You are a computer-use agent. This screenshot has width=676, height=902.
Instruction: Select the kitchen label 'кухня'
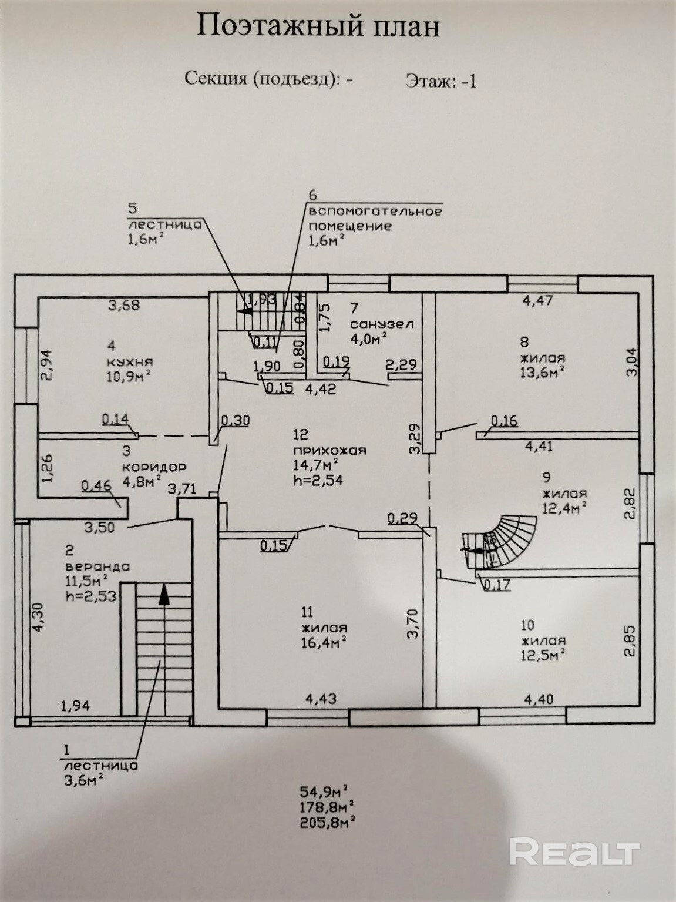130,361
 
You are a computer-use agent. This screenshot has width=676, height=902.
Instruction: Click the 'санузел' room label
382,324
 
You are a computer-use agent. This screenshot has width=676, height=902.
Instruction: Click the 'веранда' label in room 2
97,567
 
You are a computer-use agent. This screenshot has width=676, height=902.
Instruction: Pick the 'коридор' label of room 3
154,467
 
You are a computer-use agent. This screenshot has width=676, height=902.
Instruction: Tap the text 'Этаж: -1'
440,81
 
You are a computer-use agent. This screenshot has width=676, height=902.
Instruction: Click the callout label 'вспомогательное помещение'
375,219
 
